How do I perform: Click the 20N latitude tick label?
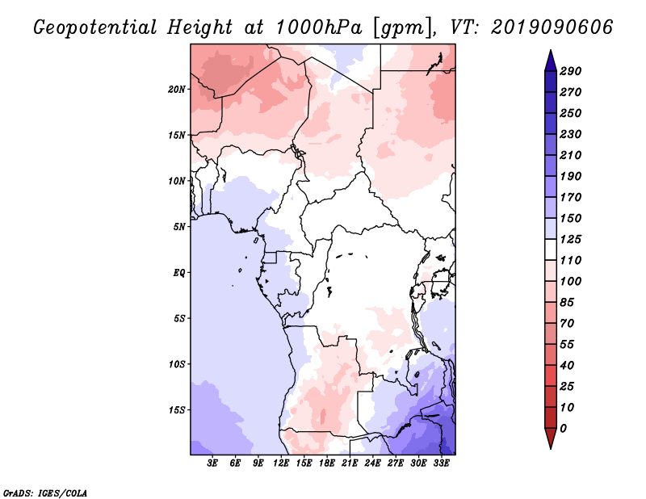click(177, 89)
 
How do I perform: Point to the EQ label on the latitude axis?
click(179, 272)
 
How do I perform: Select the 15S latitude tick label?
click(177, 409)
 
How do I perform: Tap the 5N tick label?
click(179, 226)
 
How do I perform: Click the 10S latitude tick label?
click(177, 364)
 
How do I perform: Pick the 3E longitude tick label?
click(213, 463)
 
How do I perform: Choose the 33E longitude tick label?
click(442, 463)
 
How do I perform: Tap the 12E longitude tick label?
click(282, 463)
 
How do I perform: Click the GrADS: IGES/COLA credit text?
click(36, 491)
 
